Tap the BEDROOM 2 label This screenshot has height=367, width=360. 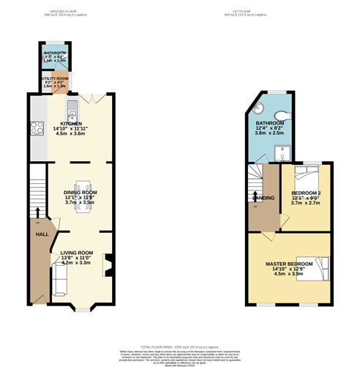pos(306,193)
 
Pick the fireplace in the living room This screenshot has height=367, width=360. pos(108,264)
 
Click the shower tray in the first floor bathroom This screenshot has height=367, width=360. pos(282,152)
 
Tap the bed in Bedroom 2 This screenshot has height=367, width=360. pos(307,176)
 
